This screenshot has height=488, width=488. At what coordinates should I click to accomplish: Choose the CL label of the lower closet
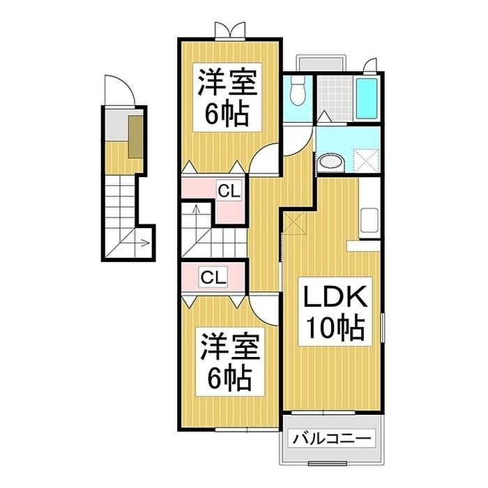213,277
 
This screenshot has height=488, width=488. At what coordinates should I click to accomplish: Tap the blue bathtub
366,98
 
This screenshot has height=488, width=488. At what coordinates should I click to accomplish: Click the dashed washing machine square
365,160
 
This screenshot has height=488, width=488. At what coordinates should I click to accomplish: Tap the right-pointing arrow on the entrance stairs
143,243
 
